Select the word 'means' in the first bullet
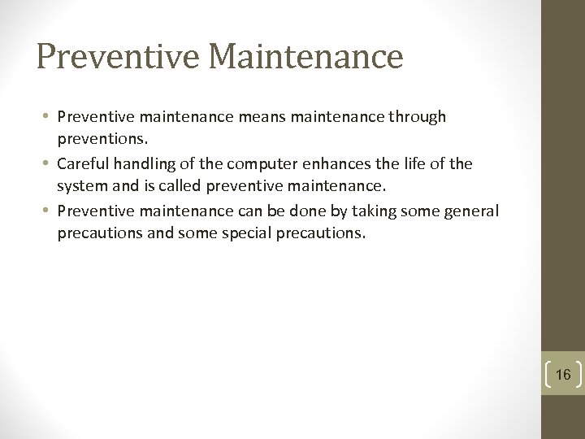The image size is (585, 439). [258, 117]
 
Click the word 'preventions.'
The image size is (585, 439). [96, 138]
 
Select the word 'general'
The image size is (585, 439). [473, 211]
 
